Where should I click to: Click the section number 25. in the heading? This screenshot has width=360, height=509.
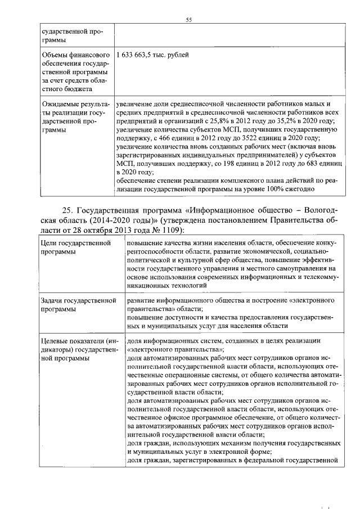(67, 210)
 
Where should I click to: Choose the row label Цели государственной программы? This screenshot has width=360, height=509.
(74, 247)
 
